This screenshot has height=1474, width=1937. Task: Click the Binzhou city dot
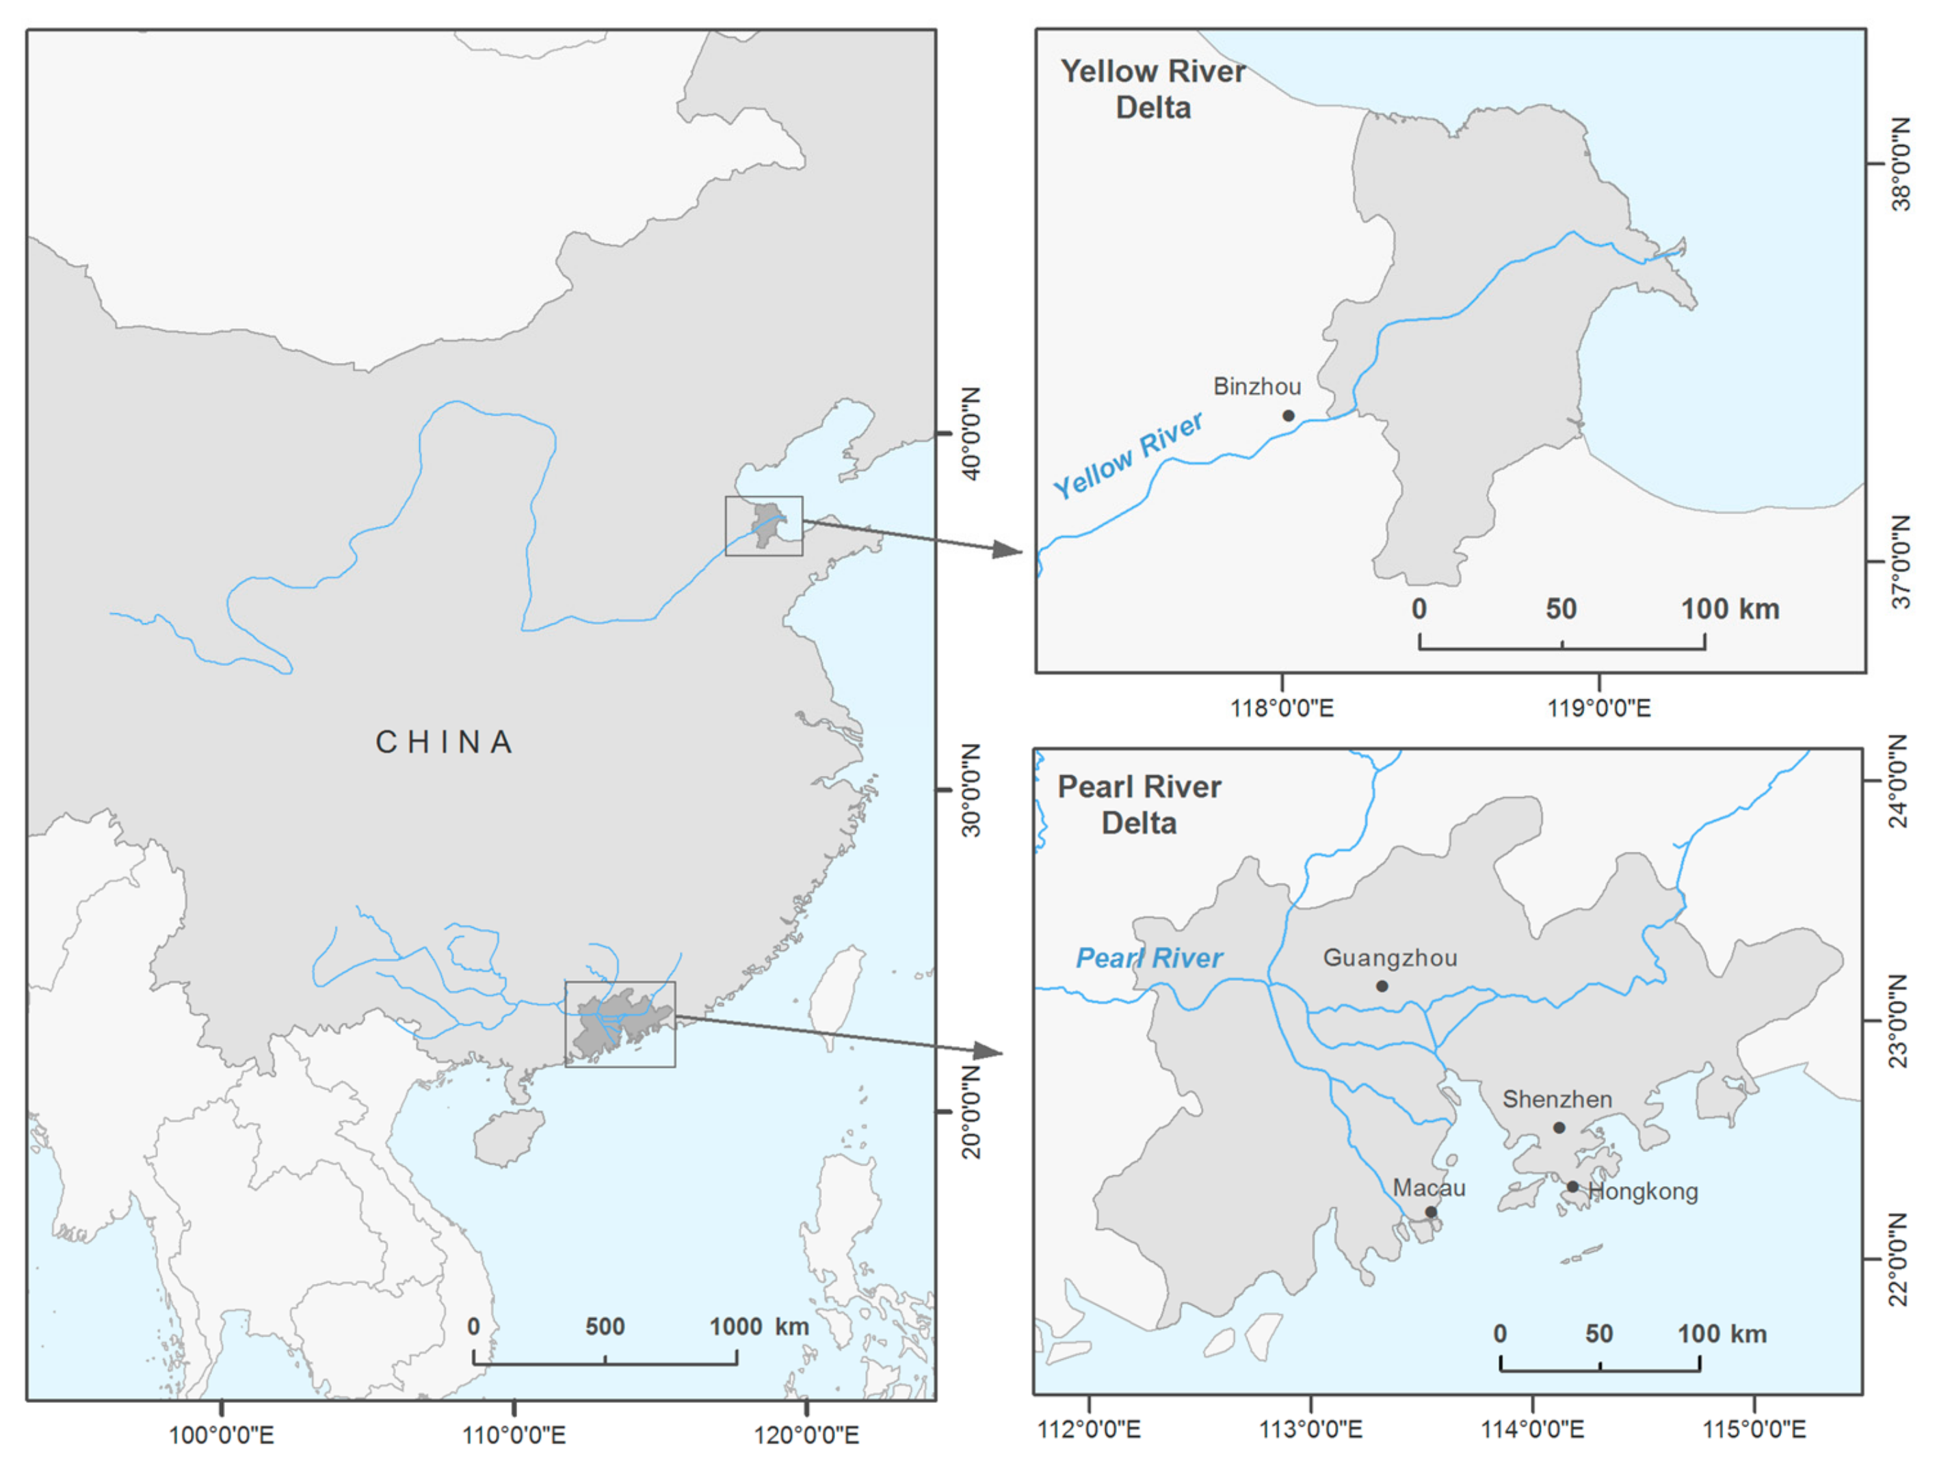coord(1287,415)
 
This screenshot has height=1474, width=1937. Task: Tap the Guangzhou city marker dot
coord(1382,986)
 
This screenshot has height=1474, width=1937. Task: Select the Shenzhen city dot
coord(1559,1127)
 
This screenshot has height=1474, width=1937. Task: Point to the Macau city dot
coord(1431,1211)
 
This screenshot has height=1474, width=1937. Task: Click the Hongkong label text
coord(1643,1192)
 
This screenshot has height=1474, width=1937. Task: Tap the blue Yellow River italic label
coord(1127,455)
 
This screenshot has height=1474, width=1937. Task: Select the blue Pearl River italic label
coord(1149,958)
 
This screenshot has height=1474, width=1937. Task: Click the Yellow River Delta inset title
coord(1152,90)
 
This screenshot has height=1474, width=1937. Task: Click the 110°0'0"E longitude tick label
coord(514,1436)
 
